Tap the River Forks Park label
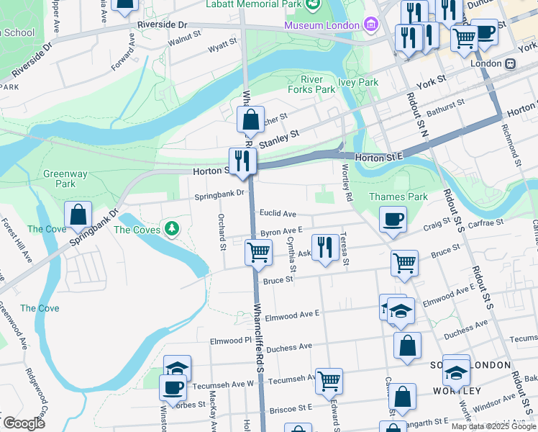click(x=311, y=84)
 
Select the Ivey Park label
click(x=358, y=82)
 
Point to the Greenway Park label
click(x=65, y=179)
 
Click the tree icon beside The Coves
click(x=171, y=229)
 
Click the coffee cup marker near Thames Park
click(x=393, y=219)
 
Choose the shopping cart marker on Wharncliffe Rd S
click(x=258, y=252)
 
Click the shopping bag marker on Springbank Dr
click(x=78, y=215)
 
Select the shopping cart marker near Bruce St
click(x=405, y=263)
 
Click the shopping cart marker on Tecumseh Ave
click(x=329, y=381)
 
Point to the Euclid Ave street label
click(x=278, y=214)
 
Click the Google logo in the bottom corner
click(x=23, y=423)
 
